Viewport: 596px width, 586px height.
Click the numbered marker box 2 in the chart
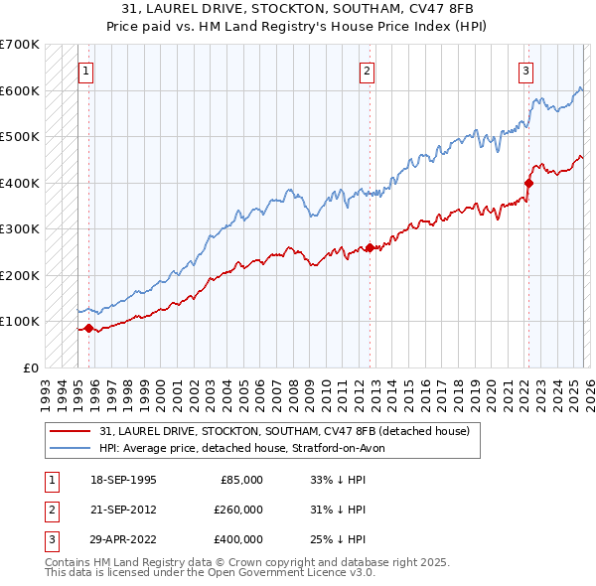coord(368,71)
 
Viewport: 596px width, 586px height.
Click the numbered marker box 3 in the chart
coord(525,71)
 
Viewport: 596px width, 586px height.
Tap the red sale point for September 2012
coord(370,247)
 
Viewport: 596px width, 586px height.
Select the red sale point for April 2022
coord(528,183)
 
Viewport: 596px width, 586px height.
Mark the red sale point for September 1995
coord(89,328)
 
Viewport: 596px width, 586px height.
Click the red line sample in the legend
coord(72,430)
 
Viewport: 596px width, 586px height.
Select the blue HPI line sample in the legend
coord(72,448)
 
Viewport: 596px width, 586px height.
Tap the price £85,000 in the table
coord(241,480)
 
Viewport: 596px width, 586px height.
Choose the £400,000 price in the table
coord(239,539)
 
